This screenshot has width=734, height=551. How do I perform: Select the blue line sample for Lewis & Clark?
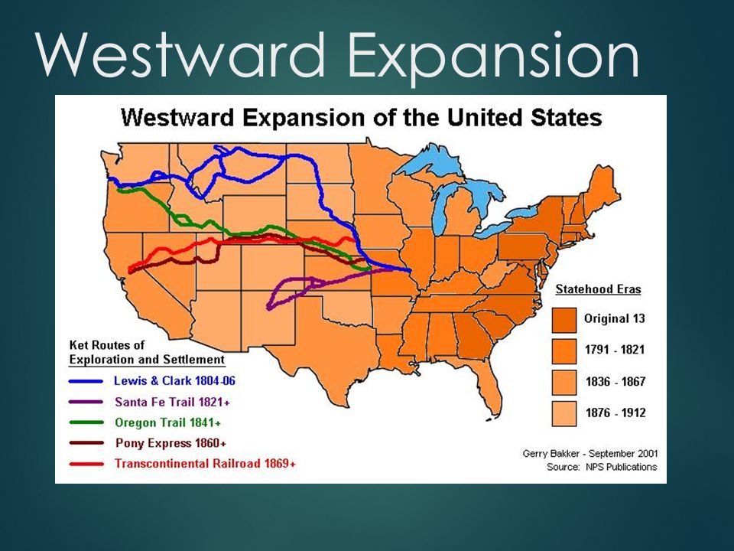86,380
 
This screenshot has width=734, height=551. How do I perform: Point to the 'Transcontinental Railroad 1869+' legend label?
204,464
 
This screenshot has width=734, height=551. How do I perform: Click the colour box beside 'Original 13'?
564,318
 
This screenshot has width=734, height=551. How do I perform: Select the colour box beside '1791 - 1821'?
564,350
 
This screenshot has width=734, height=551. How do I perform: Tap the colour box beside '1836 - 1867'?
564,381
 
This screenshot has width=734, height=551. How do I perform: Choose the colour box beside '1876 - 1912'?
564,412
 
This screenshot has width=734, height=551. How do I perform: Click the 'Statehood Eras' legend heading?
598,290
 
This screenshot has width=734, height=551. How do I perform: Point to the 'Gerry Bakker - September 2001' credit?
589,453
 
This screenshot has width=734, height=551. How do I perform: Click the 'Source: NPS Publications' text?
602,467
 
